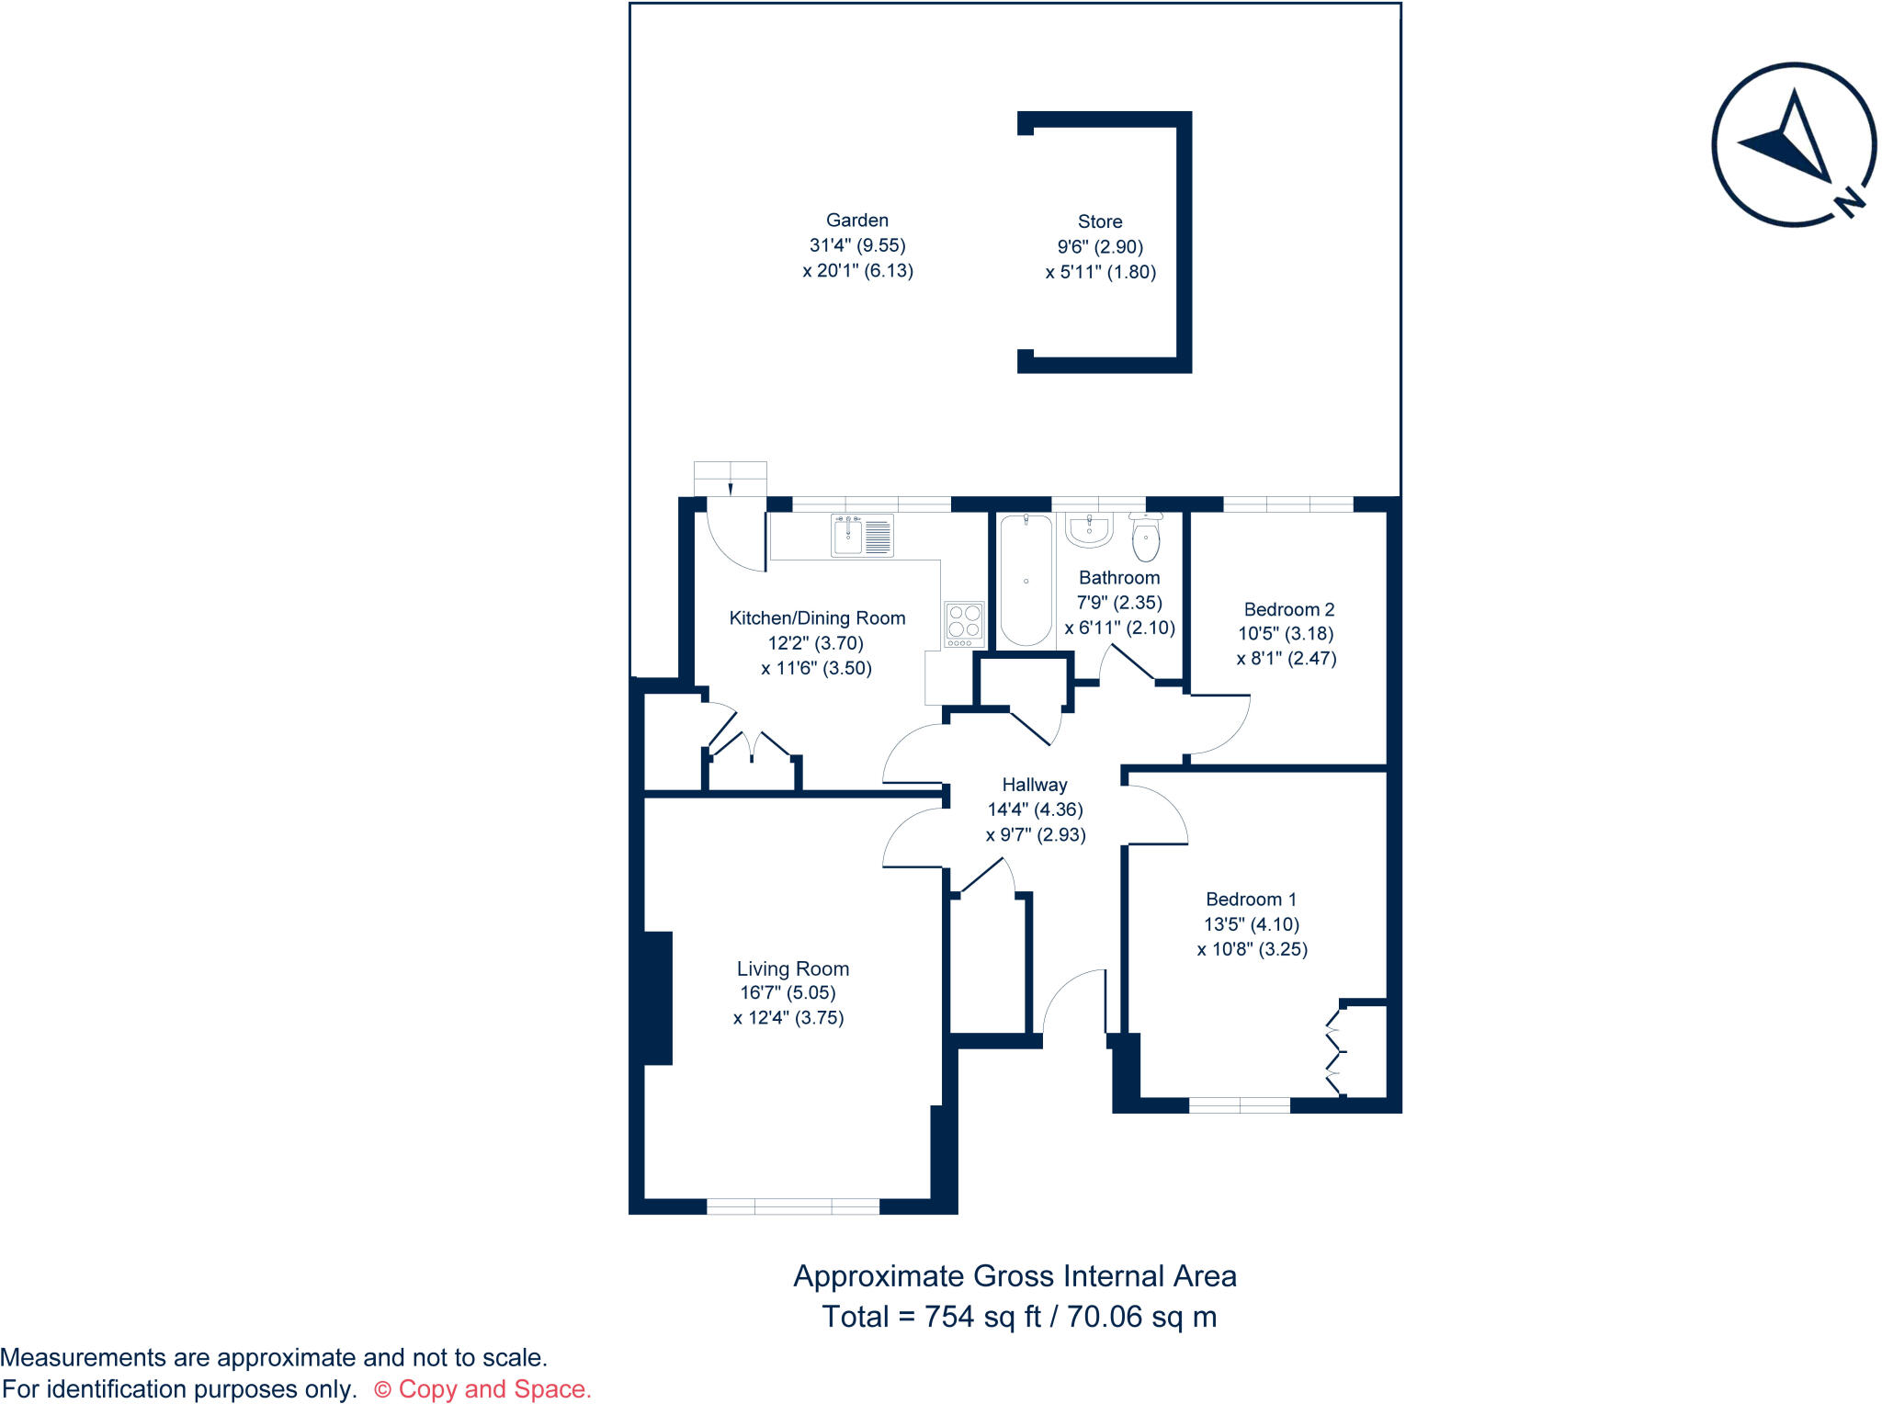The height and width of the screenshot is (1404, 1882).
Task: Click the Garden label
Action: pos(856,221)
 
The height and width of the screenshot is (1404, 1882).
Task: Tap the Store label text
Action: pos(1100,221)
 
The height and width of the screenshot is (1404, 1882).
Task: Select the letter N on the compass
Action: pos(1851,200)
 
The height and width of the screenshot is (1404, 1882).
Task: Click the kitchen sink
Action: pos(861,536)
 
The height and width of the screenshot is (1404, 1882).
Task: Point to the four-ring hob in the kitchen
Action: pos(964,623)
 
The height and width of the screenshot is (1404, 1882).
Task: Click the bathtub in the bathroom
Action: pos(1026,579)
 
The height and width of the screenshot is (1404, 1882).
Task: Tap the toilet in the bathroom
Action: pos(1146,538)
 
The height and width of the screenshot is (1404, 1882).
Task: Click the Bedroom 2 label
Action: pos(1288,609)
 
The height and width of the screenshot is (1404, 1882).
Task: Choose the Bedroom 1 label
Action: pos(1251,900)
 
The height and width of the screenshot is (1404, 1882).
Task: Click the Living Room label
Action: pos(792,968)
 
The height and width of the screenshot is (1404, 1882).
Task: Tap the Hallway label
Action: pos(1035,785)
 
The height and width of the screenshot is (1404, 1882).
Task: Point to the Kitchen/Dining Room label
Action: pos(817,618)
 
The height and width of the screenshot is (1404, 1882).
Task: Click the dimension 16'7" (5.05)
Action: pos(788,992)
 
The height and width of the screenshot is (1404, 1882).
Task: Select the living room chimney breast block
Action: pos(658,998)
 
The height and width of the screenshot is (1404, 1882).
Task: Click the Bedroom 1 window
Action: pos(1240,1104)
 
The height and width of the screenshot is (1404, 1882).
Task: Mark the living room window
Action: pos(792,1206)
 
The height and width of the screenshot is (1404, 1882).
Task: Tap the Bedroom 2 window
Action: pos(1287,504)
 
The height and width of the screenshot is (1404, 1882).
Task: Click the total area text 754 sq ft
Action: pos(982,1317)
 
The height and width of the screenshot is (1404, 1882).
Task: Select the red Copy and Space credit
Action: pos(483,1389)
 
